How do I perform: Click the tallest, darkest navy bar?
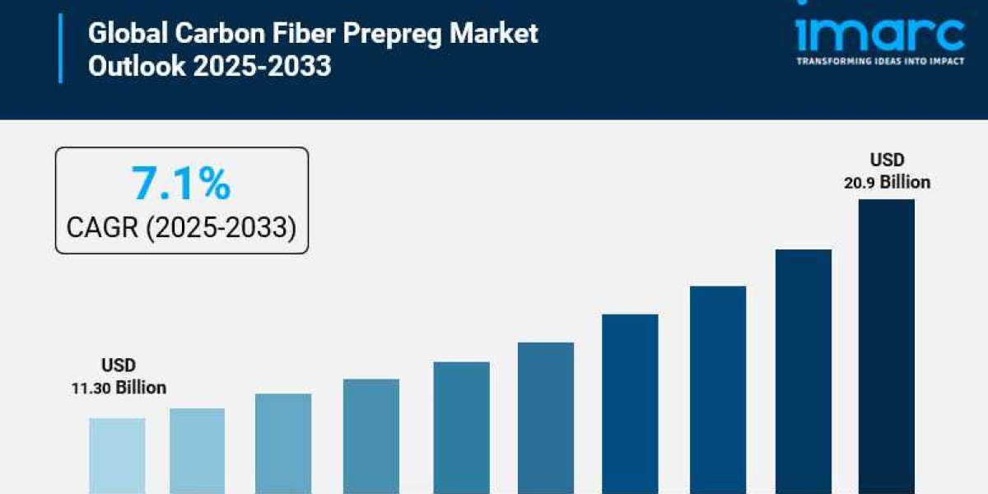click(886, 346)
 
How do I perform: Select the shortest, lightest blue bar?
click(117, 455)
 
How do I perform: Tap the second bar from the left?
click(197, 450)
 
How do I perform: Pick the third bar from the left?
click(282, 443)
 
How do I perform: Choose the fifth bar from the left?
click(461, 427)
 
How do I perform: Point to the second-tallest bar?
click(803, 370)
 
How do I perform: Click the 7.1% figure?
click(181, 184)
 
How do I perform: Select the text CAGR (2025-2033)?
click(181, 227)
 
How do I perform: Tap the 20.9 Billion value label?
click(886, 182)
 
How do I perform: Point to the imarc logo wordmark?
click(879, 35)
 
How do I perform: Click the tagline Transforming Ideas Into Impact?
click(879, 62)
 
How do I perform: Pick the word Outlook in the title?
click(137, 66)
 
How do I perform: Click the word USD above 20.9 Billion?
click(886, 160)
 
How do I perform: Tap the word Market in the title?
click(497, 34)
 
